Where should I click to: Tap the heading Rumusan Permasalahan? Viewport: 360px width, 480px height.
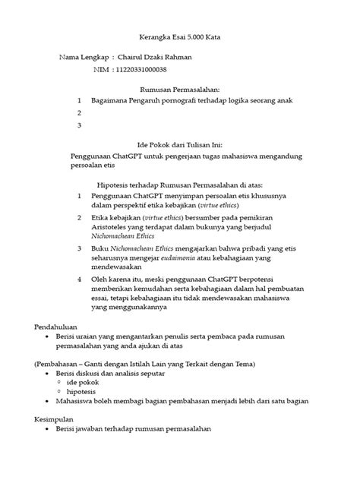coord(179,89)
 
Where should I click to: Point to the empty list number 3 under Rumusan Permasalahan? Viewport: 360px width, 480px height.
coord(80,125)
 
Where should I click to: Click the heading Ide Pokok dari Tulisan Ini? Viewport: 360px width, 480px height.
coord(179,144)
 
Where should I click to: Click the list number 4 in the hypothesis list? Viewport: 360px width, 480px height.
coord(80,278)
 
